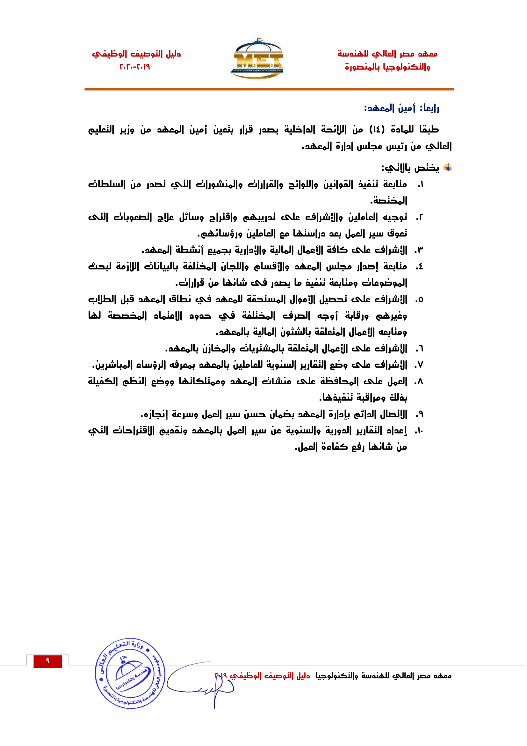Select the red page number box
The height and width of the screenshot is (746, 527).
(x=47, y=661)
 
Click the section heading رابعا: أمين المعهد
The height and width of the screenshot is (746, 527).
(x=401, y=108)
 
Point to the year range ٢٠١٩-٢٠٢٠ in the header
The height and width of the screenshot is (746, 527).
(x=135, y=67)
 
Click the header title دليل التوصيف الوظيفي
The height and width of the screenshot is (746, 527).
(x=136, y=54)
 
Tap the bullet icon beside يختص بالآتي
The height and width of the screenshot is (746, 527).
(x=448, y=168)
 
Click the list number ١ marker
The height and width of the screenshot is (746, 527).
(x=420, y=185)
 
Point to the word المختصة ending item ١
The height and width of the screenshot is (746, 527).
(x=389, y=201)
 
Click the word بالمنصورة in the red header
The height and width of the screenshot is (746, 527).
(x=362, y=67)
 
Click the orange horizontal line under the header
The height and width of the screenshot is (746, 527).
(x=269, y=89)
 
